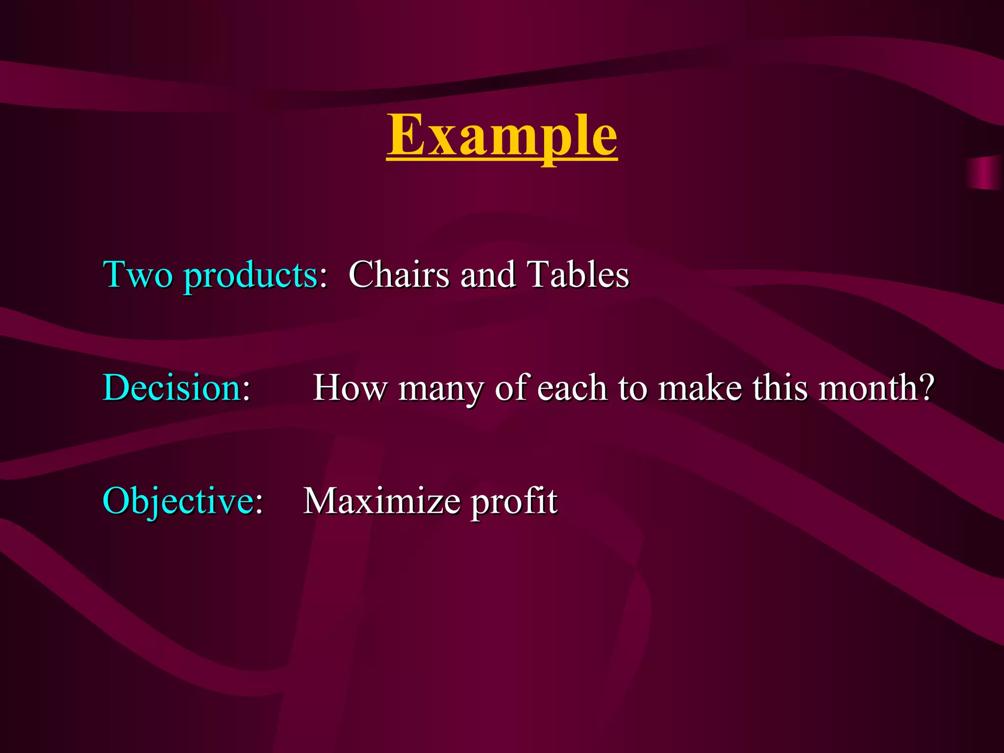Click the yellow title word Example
tap(502, 135)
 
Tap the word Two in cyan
tap(138, 274)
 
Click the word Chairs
tap(399, 274)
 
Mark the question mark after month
tap(926, 388)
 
